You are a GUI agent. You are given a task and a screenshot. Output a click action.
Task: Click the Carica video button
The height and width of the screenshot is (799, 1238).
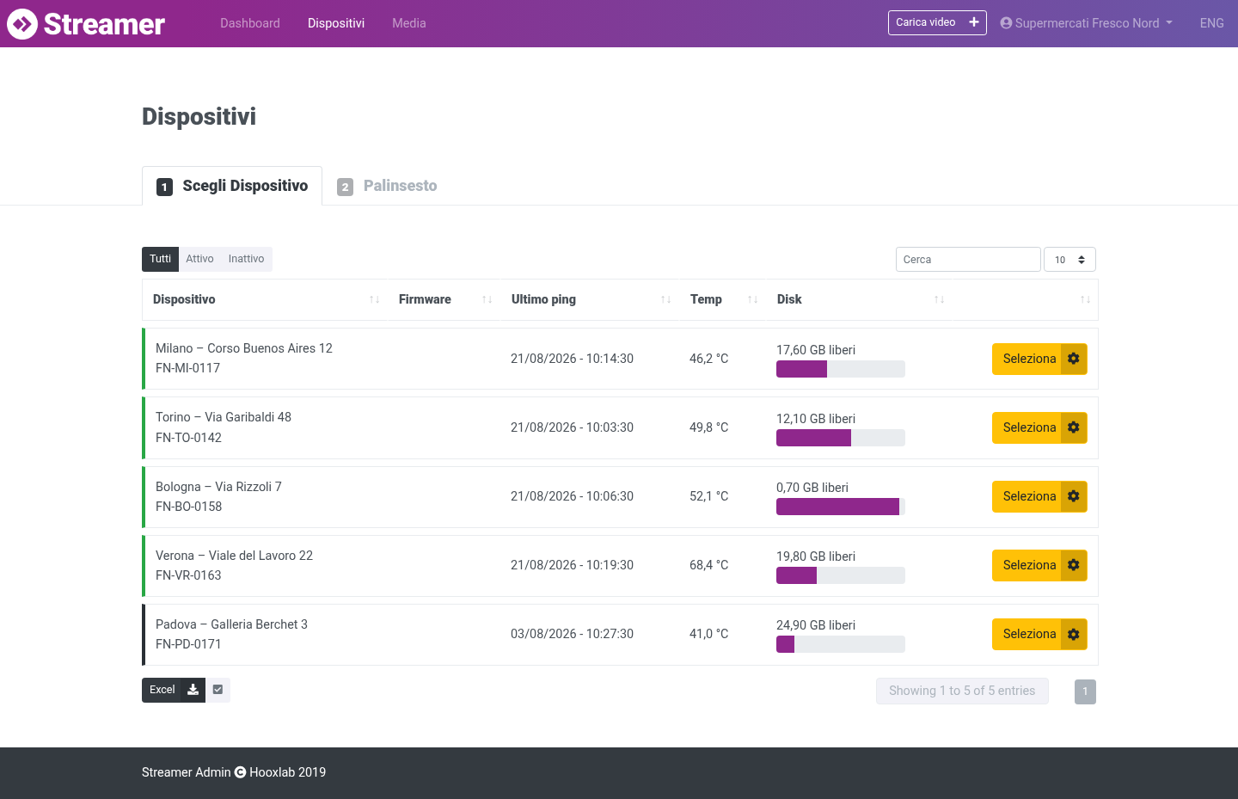click(937, 22)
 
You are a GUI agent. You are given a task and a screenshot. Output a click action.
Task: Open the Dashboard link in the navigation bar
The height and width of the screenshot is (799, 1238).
click(250, 23)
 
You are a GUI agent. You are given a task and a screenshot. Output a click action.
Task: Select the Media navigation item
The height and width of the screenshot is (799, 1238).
click(409, 23)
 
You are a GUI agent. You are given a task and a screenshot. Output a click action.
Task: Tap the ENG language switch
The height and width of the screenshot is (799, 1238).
click(1211, 23)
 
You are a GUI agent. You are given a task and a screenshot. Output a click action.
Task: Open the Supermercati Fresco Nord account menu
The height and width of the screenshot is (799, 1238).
click(1087, 23)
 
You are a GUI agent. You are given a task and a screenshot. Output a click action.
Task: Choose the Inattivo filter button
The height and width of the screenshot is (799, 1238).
click(246, 259)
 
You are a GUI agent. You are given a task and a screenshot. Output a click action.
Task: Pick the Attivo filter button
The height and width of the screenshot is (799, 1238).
click(199, 259)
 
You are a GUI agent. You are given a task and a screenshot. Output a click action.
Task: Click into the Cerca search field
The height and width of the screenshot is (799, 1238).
click(968, 260)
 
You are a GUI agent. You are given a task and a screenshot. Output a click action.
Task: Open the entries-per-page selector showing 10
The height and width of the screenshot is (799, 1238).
click(1069, 260)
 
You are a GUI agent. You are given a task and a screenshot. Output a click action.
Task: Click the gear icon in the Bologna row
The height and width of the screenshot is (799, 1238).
click(1073, 496)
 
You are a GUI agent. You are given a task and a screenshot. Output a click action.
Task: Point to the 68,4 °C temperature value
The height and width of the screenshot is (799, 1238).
click(708, 565)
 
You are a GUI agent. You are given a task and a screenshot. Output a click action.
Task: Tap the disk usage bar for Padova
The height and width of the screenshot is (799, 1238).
click(840, 644)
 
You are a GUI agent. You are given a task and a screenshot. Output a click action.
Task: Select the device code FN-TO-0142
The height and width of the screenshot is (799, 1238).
click(188, 438)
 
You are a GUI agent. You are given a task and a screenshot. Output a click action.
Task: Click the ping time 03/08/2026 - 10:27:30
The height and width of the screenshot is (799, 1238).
click(572, 634)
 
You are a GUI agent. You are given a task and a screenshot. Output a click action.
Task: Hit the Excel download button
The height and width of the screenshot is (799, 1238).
click(174, 690)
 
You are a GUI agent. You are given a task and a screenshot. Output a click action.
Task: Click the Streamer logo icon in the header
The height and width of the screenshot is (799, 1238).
click(22, 24)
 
